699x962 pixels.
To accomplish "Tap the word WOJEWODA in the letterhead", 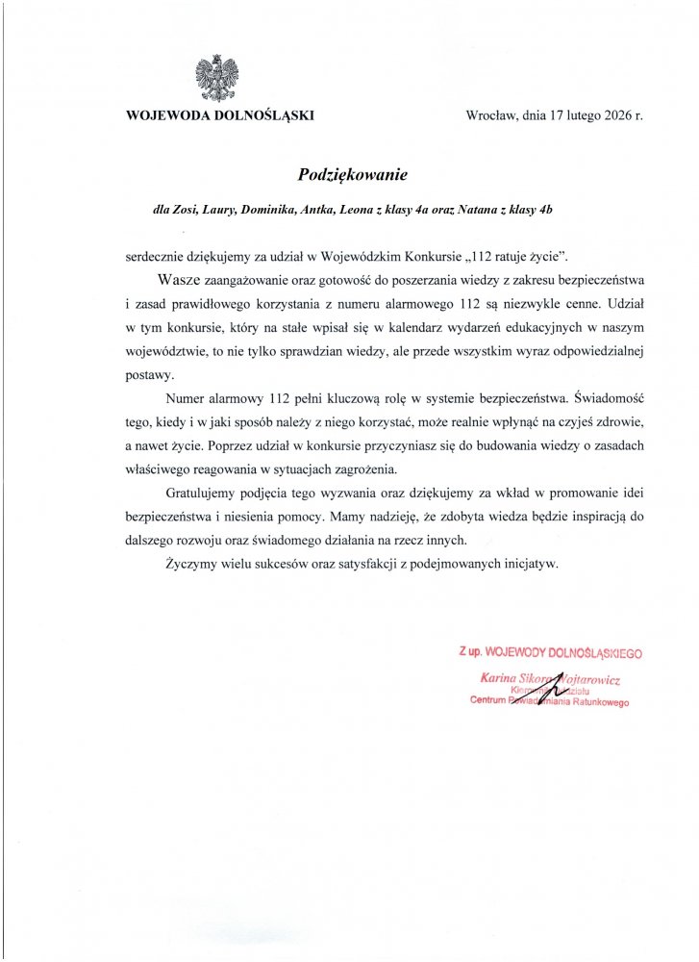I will coord(164,115).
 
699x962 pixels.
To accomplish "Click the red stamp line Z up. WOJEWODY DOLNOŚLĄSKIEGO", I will coord(550,653).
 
